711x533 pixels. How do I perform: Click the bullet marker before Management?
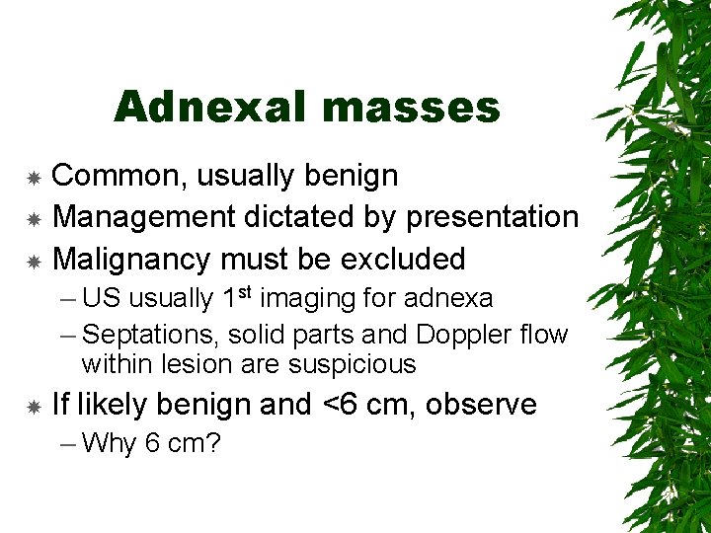tap(34, 218)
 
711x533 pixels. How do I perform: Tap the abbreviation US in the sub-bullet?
tap(103, 297)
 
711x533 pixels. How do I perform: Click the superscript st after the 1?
tap(245, 292)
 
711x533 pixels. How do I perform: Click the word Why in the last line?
tap(110, 443)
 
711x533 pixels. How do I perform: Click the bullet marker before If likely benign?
tap(34, 406)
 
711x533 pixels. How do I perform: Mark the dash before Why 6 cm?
tap(68, 443)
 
